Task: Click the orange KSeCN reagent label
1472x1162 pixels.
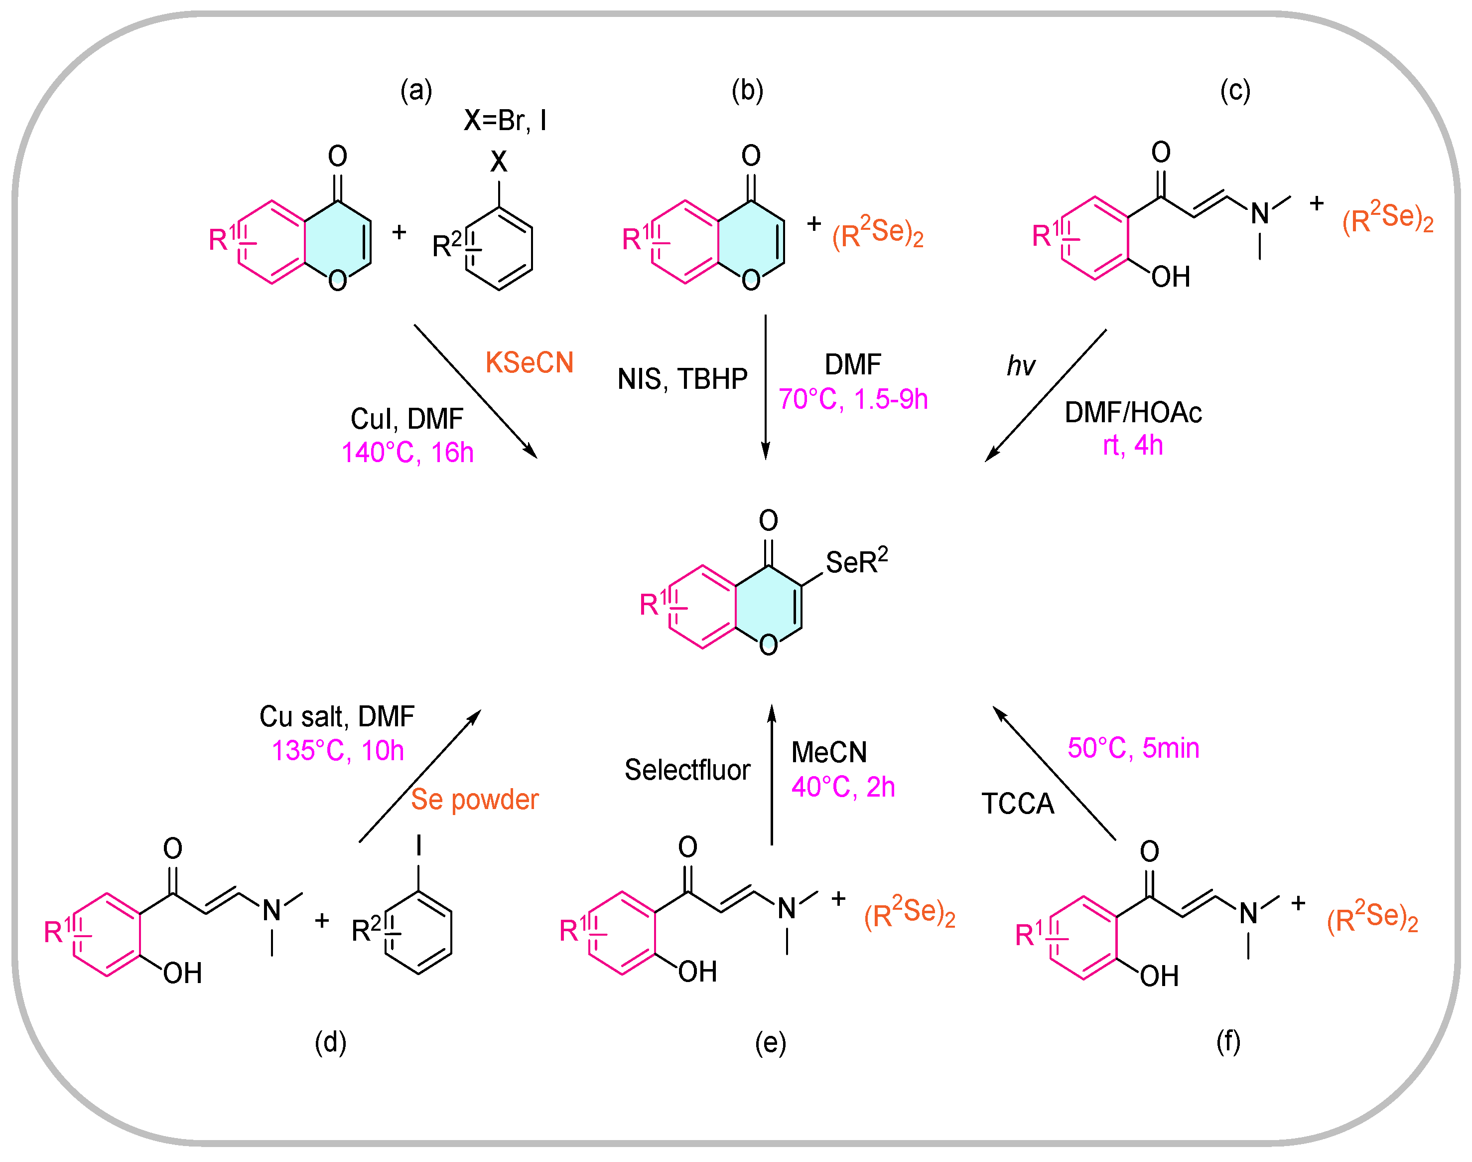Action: coord(529,362)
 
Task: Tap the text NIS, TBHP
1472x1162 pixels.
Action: coord(682,379)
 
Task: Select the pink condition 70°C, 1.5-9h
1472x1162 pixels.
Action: coord(853,399)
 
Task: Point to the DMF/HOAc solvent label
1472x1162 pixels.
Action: coord(1133,413)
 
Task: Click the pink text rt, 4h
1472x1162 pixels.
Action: coord(1132,446)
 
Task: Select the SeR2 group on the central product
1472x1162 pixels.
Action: coord(856,562)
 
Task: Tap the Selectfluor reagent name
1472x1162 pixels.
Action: coord(687,770)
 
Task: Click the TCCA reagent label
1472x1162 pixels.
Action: coord(1017,804)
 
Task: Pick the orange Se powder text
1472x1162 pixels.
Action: coord(475,800)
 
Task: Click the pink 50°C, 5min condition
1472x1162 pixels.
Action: coord(1133,748)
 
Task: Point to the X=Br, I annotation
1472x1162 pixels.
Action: coord(505,121)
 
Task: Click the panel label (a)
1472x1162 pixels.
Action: coord(416,91)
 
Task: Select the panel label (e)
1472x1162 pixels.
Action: coord(770,1043)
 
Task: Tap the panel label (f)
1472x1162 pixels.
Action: coord(1228,1041)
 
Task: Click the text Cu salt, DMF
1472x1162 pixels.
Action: coord(337,716)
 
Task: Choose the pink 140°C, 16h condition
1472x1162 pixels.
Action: coord(407,453)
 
